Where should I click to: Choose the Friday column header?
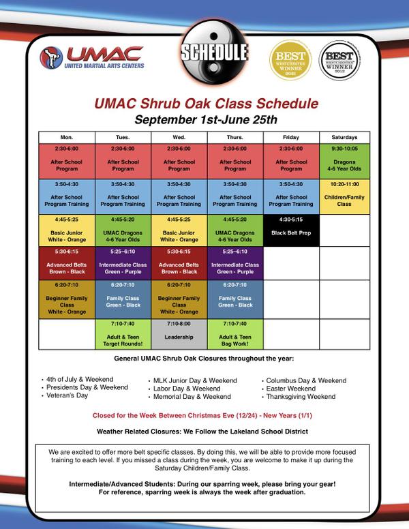290,136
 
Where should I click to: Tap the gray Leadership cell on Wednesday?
179,333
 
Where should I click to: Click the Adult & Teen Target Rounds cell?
123,333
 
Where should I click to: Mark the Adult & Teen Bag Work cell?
234,333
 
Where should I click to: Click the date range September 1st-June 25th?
205,120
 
